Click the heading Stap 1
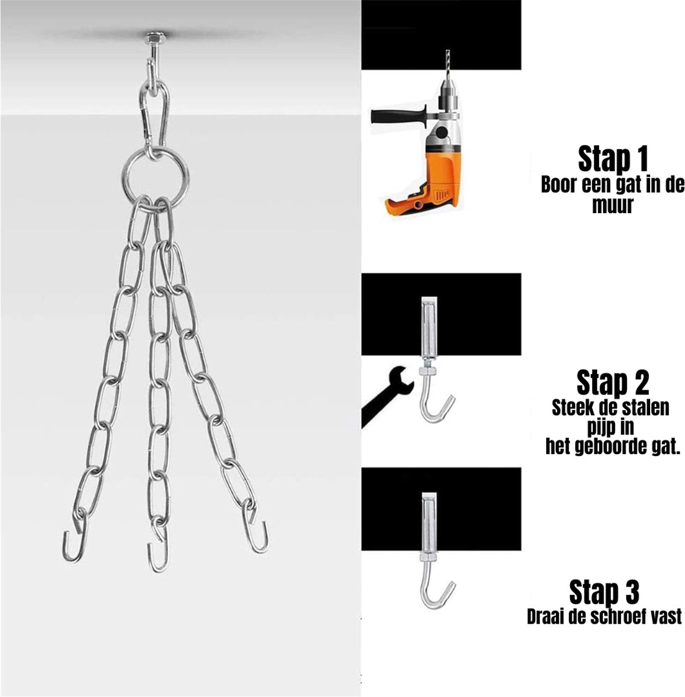[x=612, y=159]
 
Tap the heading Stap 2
[x=613, y=383]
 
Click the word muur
[x=612, y=206]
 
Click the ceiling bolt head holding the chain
[x=155, y=37]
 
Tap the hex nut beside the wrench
[x=428, y=372]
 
